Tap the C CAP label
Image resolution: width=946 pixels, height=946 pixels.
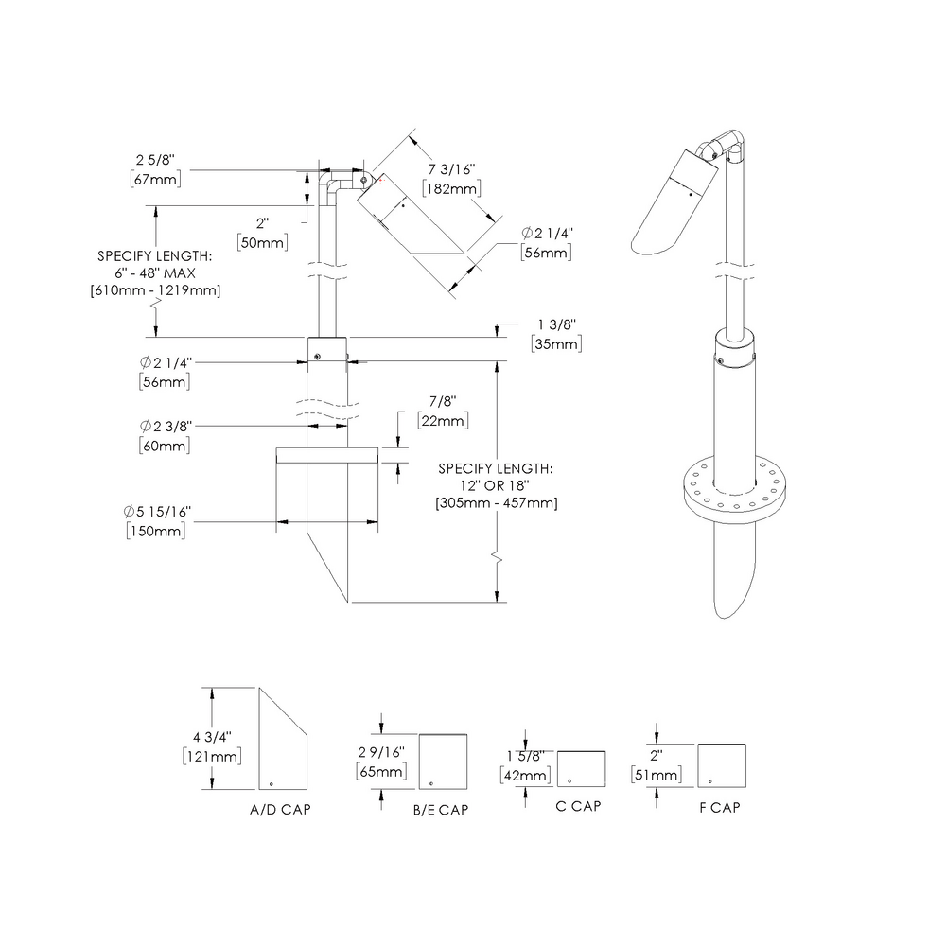[x=579, y=806]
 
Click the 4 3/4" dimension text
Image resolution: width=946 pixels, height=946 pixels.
[x=212, y=736]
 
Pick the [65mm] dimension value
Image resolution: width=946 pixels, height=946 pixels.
[x=381, y=771]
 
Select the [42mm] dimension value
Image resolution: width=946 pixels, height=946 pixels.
[x=524, y=775]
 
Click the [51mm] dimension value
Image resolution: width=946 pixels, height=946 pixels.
[x=655, y=775]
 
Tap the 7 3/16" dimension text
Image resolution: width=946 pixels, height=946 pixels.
[x=452, y=169]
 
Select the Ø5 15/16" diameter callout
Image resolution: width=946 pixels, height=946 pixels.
[x=157, y=512]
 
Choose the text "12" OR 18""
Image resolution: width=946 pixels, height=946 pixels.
[x=497, y=485]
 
